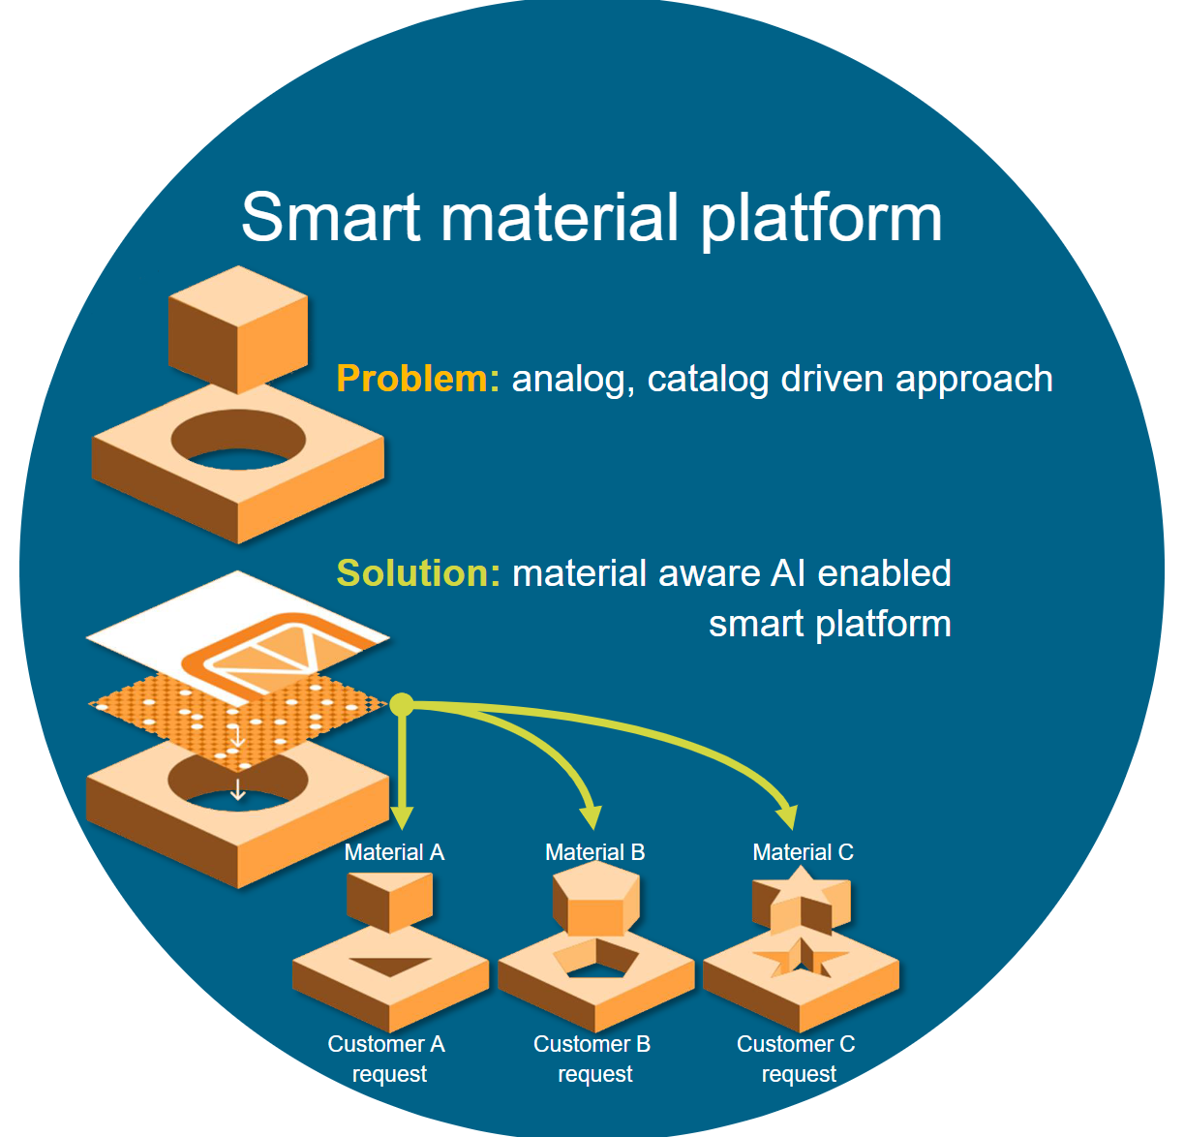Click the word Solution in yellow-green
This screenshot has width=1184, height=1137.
point(417,573)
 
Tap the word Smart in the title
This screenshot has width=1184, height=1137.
point(330,217)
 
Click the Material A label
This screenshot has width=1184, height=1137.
point(394,852)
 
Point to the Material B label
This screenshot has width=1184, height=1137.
point(594,852)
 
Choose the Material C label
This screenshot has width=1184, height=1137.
point(803,852)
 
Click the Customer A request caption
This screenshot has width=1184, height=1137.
point(387,1059)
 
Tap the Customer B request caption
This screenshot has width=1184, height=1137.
point(592,1059)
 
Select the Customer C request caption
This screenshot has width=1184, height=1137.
point(797,1059)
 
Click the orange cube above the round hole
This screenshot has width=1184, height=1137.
point(237,329)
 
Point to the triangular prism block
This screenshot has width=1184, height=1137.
point(389,900)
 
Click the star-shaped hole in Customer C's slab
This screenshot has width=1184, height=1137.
point(801,959)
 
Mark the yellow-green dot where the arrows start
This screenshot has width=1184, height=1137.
point(402,705)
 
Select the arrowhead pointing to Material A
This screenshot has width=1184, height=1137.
point(402,819)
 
